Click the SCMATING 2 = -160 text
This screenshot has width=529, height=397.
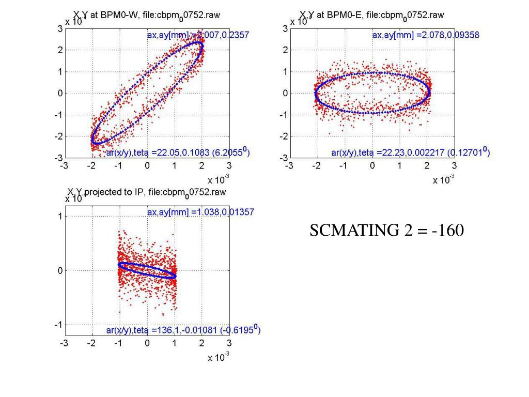click(x=386, y=231)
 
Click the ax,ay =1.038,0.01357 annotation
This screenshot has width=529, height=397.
click(x=200, y=212)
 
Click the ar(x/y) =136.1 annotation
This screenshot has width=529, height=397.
click(x=183, y=329)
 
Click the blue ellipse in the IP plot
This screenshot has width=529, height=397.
click(x=147, y=270)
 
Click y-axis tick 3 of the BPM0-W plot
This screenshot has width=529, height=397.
click(x=60, y=29)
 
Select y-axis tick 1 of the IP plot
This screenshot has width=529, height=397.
click(x=60, y=217)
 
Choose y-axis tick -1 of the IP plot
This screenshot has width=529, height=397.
click(x=59, y=325)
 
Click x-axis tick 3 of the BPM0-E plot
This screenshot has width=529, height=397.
click(x=454, y=166)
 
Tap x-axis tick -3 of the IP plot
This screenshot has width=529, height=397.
click(x=64, y=343)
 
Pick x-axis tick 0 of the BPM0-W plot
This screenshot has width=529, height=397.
click(x=147, y=166)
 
